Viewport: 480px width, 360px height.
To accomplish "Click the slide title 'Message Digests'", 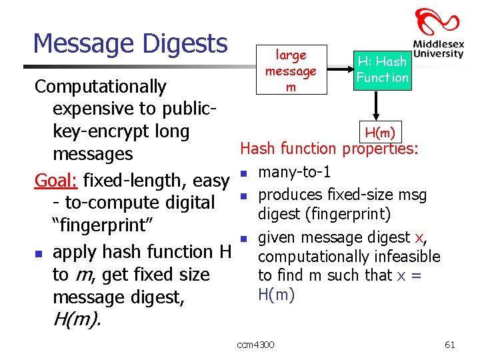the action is coord(130,44).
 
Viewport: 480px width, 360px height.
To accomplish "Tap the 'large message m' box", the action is coord(291,71).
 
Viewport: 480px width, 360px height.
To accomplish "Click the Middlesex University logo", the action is coord(437,33).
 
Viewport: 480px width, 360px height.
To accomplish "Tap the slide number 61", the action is coord(449,344).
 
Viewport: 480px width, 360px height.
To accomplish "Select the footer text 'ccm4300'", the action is coord(255,344).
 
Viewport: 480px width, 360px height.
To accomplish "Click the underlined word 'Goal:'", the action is coord(57,181).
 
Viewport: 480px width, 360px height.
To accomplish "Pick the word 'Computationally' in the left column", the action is coord(100,87).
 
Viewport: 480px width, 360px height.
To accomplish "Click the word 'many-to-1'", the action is coord(295,173).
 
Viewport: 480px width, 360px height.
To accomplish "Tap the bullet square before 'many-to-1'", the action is coord(245,174).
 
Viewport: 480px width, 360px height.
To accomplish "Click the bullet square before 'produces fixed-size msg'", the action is coord(245,196).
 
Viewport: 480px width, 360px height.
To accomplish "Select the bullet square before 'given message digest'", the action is coord(245,238).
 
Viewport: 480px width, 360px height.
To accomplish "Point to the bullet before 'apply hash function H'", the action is coord(39,254).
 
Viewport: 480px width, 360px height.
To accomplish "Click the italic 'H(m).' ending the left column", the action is coord(77,321).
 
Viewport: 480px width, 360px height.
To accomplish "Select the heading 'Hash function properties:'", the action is coord(329,149).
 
